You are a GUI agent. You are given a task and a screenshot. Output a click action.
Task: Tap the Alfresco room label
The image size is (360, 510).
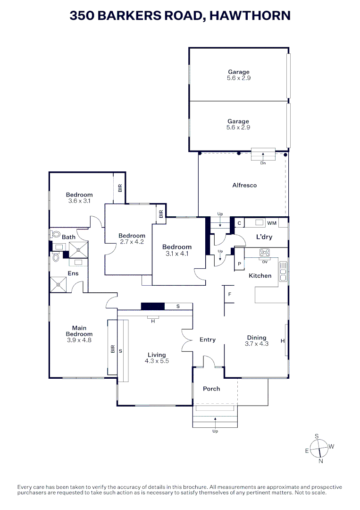244,185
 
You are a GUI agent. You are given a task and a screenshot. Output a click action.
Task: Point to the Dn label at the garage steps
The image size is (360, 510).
263,163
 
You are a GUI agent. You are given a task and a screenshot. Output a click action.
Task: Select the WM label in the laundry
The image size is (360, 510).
272,223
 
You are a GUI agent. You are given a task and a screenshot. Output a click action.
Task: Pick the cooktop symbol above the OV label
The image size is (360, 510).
264,252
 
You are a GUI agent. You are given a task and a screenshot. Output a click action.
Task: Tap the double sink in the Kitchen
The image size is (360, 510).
283,271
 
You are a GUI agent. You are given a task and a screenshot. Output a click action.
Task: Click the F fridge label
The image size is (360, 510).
229,294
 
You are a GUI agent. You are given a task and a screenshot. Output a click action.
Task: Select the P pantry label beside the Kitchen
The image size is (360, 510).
239,264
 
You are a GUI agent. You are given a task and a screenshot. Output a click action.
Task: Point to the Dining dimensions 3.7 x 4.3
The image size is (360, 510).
257,344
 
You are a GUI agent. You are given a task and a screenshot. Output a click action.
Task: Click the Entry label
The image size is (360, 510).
208,340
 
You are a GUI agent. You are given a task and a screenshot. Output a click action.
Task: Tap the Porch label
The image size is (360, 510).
211,389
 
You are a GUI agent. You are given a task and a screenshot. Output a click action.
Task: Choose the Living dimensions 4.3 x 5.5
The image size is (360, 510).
157,361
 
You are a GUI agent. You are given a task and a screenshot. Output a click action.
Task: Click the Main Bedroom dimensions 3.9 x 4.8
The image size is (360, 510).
79,340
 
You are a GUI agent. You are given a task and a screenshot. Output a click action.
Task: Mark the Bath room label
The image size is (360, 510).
68,237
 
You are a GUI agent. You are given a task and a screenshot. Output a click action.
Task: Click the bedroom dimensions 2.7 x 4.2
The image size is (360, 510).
132,242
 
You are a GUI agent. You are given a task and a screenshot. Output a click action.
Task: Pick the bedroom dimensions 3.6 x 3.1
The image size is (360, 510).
79,201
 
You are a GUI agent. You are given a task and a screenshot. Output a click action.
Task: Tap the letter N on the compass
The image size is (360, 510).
321,461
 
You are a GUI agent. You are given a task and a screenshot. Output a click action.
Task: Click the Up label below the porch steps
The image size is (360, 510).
216,431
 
